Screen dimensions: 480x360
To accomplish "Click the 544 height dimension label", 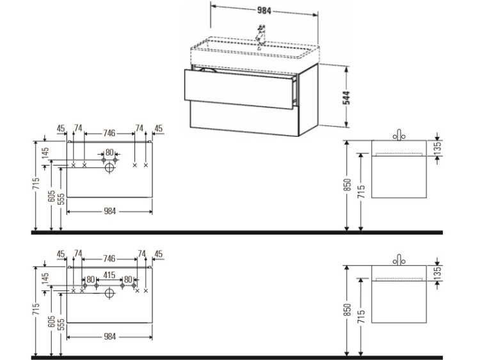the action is (x=346, y=98).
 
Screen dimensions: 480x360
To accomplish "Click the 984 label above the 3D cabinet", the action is (x=264, y=11).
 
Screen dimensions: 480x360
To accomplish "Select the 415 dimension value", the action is (x=109, y=276).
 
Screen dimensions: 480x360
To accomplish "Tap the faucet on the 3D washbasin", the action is (x=260, y=34).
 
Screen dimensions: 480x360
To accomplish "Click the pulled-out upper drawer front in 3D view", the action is (x=238, y=89).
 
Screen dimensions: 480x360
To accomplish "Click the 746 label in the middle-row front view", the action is (x=109, y=133).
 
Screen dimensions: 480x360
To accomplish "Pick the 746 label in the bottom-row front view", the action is (x=109, y=259).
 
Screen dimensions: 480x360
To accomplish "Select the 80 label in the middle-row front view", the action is (x=109, y=152).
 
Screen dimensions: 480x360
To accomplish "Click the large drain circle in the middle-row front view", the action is (x=109, y=168).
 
